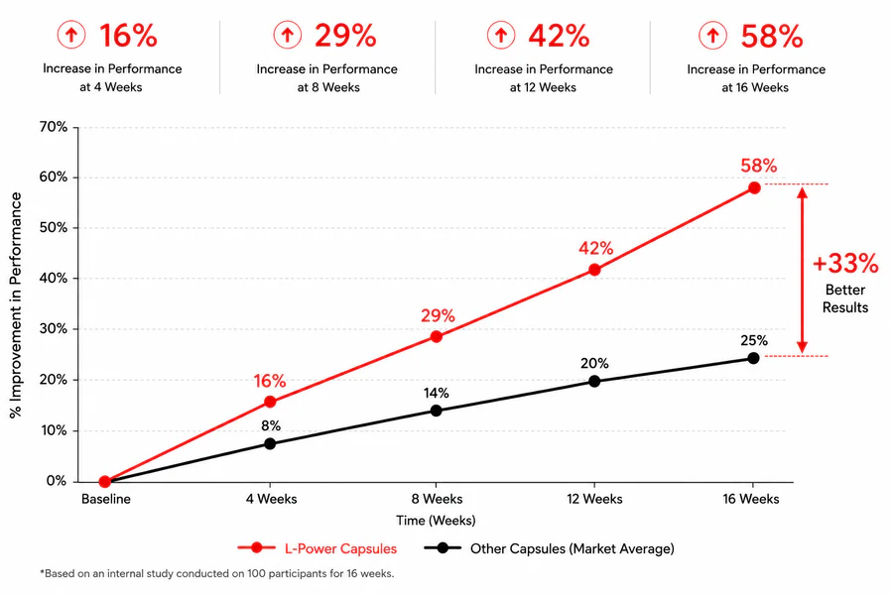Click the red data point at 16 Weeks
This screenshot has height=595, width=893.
coord(754,187)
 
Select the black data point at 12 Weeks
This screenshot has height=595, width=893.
coord(594,381)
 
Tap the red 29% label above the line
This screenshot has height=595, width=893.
coord(438,315)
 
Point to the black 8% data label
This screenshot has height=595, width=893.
coord(271,425)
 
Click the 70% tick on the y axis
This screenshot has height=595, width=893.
coord(54,126)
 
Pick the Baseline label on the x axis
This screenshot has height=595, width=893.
coord(106,500)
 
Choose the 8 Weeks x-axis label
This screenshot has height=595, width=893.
coord(437,500)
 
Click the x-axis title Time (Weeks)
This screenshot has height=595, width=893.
coord(436,521)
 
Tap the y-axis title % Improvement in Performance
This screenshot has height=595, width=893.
coord(15,305)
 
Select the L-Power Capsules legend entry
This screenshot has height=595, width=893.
coord(318,548)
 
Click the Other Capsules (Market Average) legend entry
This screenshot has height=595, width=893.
coord(550,548)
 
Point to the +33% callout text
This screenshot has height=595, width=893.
coord(845,264)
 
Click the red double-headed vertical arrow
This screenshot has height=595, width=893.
coord(802,271)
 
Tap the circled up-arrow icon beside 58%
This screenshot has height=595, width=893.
coord(713,36)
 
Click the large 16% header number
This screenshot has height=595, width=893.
coord(128,36)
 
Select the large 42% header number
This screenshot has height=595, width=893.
coord(559,36)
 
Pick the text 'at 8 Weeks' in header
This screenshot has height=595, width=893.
coord(328,87)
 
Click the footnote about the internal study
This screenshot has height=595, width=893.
coord(217,573)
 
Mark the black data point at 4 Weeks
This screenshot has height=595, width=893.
coord(270,443)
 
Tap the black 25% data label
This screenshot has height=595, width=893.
coord(754,340)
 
